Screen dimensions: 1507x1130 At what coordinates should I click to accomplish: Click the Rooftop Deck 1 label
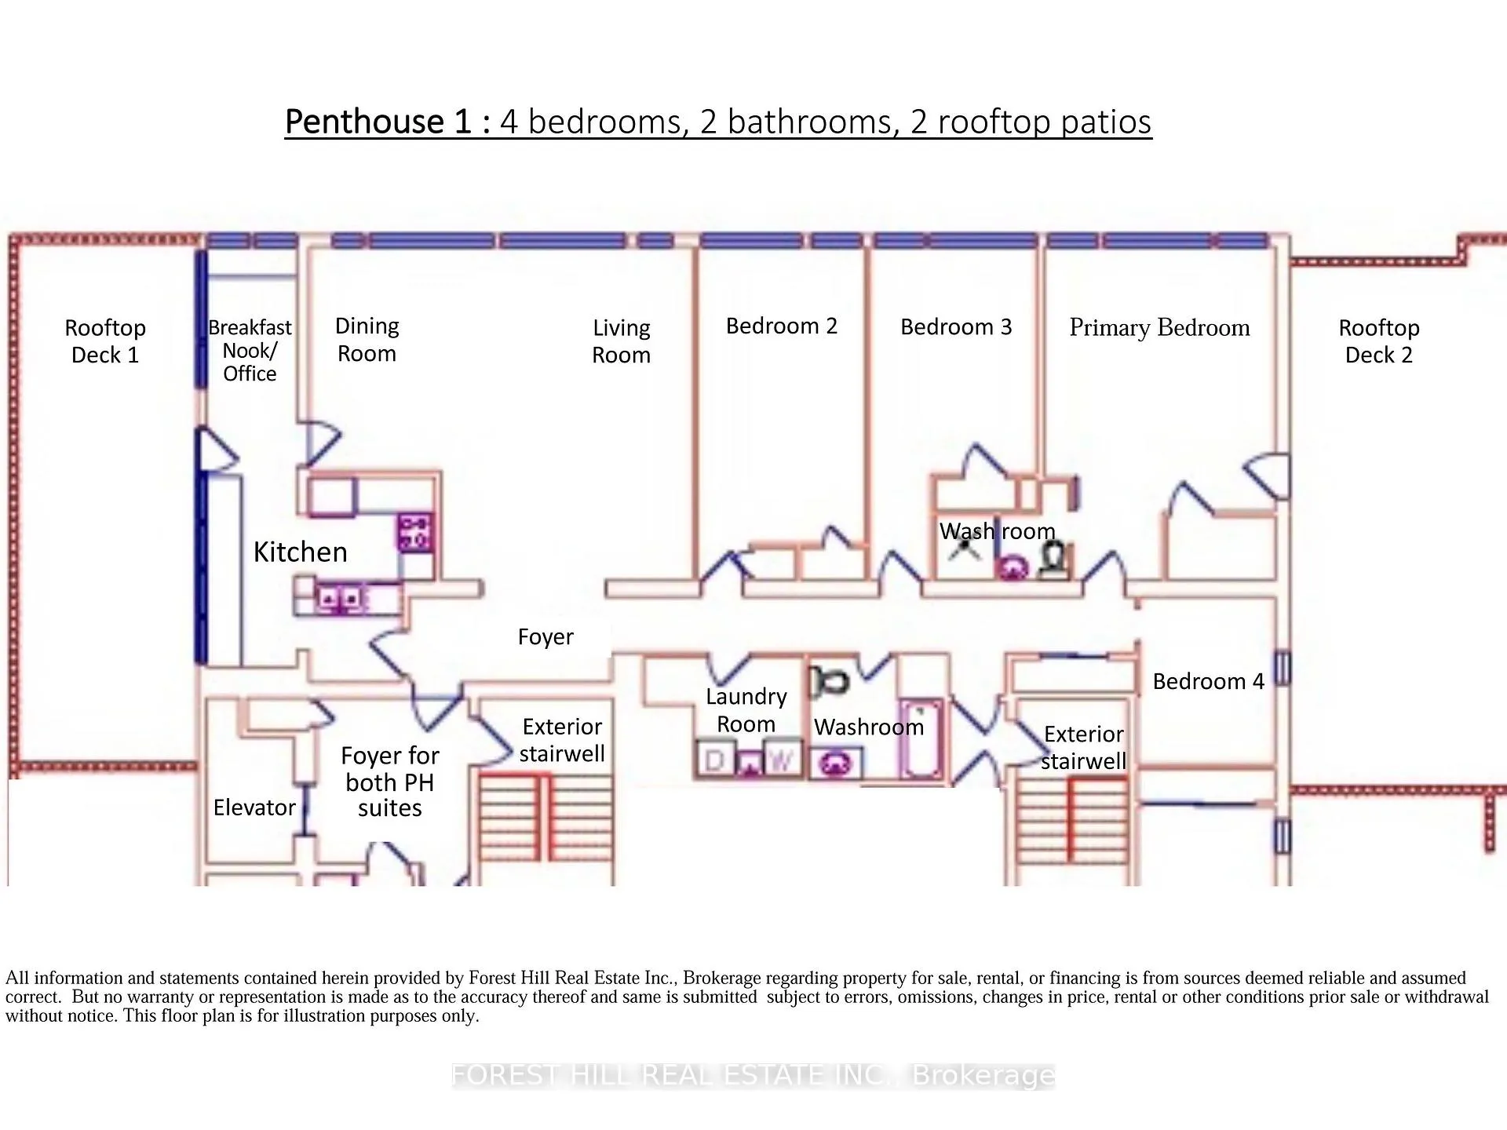click(x=105, y=341)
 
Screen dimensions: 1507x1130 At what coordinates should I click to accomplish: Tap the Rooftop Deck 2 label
click(x=1379, y=341)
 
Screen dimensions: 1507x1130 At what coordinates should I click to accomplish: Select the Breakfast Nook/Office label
click(x=250, y=350)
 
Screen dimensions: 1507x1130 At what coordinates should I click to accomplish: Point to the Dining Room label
click(x=367, y=340)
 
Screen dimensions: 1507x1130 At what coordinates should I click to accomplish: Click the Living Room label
click(x=622, y=341)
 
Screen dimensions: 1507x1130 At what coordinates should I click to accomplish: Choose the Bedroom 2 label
click(x=782, y=326)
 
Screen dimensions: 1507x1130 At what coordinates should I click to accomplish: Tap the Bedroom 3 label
click(x=956, y=326)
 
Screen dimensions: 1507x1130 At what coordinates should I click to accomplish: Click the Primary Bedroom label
click(x=1160, y=328)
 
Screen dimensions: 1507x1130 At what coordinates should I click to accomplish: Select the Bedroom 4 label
click(x=1209, y=681)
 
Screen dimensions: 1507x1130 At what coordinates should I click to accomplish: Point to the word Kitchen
click(x=300, y=552)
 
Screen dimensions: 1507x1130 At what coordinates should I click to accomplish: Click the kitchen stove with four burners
click(x=414, y=532)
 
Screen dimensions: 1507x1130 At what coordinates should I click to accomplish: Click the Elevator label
click(x=254, y=807)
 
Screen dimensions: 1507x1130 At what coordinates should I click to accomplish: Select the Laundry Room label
click(x=746, y=710)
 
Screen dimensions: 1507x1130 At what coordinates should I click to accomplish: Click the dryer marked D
click(x=715, y=760)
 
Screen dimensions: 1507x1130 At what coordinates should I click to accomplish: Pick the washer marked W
click(x=782, y=760)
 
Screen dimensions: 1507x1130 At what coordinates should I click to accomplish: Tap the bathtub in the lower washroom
click(x=920, y=738)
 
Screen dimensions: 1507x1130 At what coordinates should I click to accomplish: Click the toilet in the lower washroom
click(x=828, y=680)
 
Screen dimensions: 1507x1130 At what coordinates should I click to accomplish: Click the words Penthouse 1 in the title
click(x=378, y=122)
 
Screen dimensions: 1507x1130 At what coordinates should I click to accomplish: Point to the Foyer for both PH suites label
click(x=390, y=782)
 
